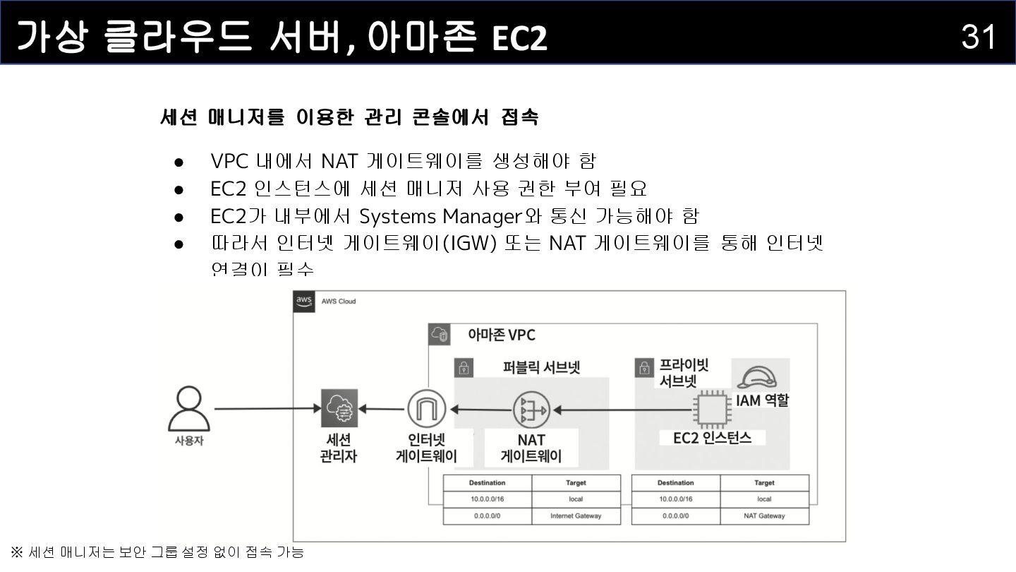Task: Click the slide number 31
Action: pos(978,36)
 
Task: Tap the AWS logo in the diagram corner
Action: pos(304,301)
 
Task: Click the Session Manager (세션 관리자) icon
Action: pos(339,408)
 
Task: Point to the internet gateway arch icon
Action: pos(426,408)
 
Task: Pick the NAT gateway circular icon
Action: pos(531,409)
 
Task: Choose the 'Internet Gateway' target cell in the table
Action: pos(576,516)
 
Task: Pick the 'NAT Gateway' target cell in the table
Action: pos(764,516)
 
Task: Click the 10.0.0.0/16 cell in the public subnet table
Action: pos(487,499)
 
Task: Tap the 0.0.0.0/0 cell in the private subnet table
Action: pos(675,516)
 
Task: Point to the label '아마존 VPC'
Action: pos(502,335)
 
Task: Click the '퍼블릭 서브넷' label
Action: pos(541,367)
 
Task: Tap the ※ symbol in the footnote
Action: pos(16,552)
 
